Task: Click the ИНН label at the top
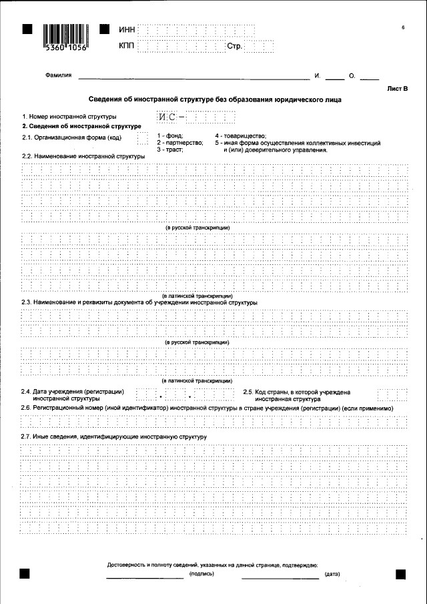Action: (x=127, y=31)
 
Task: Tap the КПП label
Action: (x=127, y=46)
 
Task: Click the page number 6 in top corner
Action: (x=403, y=27)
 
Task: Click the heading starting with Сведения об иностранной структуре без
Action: (x=215, y=100)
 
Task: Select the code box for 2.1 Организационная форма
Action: (x=141, y=138)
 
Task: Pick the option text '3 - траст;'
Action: (x=170, y=150)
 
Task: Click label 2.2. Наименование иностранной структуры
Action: (x=83, y=156)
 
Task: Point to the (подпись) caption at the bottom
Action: (x=202, y=574)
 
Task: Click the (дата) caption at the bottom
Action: (x=332, y=574)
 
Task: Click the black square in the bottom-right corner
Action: (x=401, y=573)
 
